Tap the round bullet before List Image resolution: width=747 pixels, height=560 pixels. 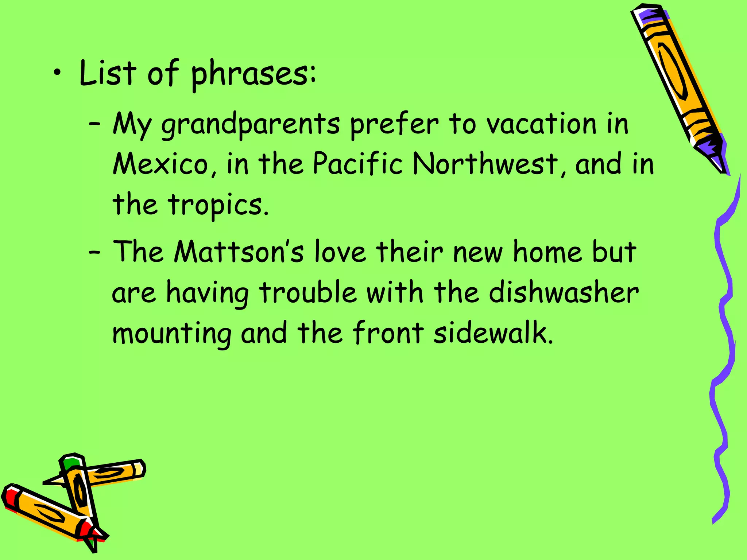point(57,73)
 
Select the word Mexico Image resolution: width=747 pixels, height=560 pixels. point(160,164)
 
